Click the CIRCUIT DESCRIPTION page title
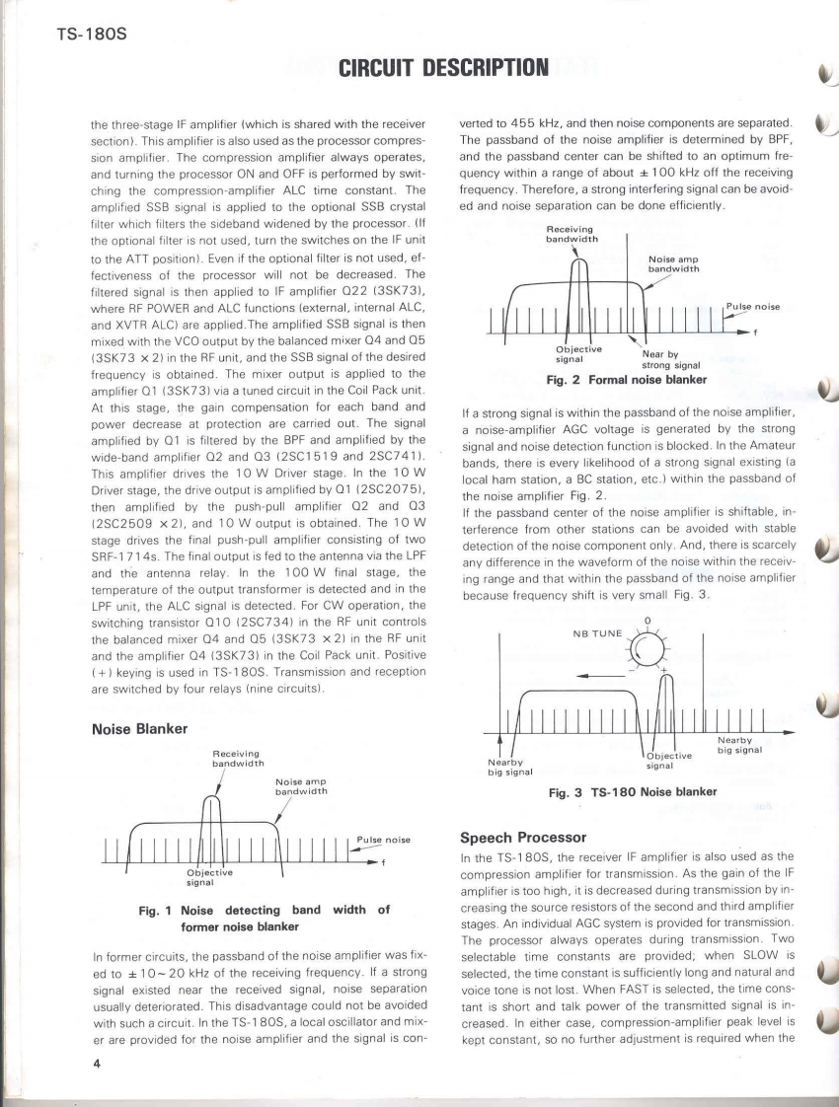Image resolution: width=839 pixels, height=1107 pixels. coord(443,68)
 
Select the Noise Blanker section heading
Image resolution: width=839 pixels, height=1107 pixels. coord(140,730)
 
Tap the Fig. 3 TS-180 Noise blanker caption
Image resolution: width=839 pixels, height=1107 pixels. coord(632,790)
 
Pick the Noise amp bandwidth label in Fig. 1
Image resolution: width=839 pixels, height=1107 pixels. coord(300,786)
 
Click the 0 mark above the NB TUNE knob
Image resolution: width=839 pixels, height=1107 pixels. coord(648,621)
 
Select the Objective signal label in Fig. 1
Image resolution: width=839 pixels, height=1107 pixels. coord(208,876)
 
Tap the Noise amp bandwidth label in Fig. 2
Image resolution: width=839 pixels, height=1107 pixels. coord(674,263)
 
